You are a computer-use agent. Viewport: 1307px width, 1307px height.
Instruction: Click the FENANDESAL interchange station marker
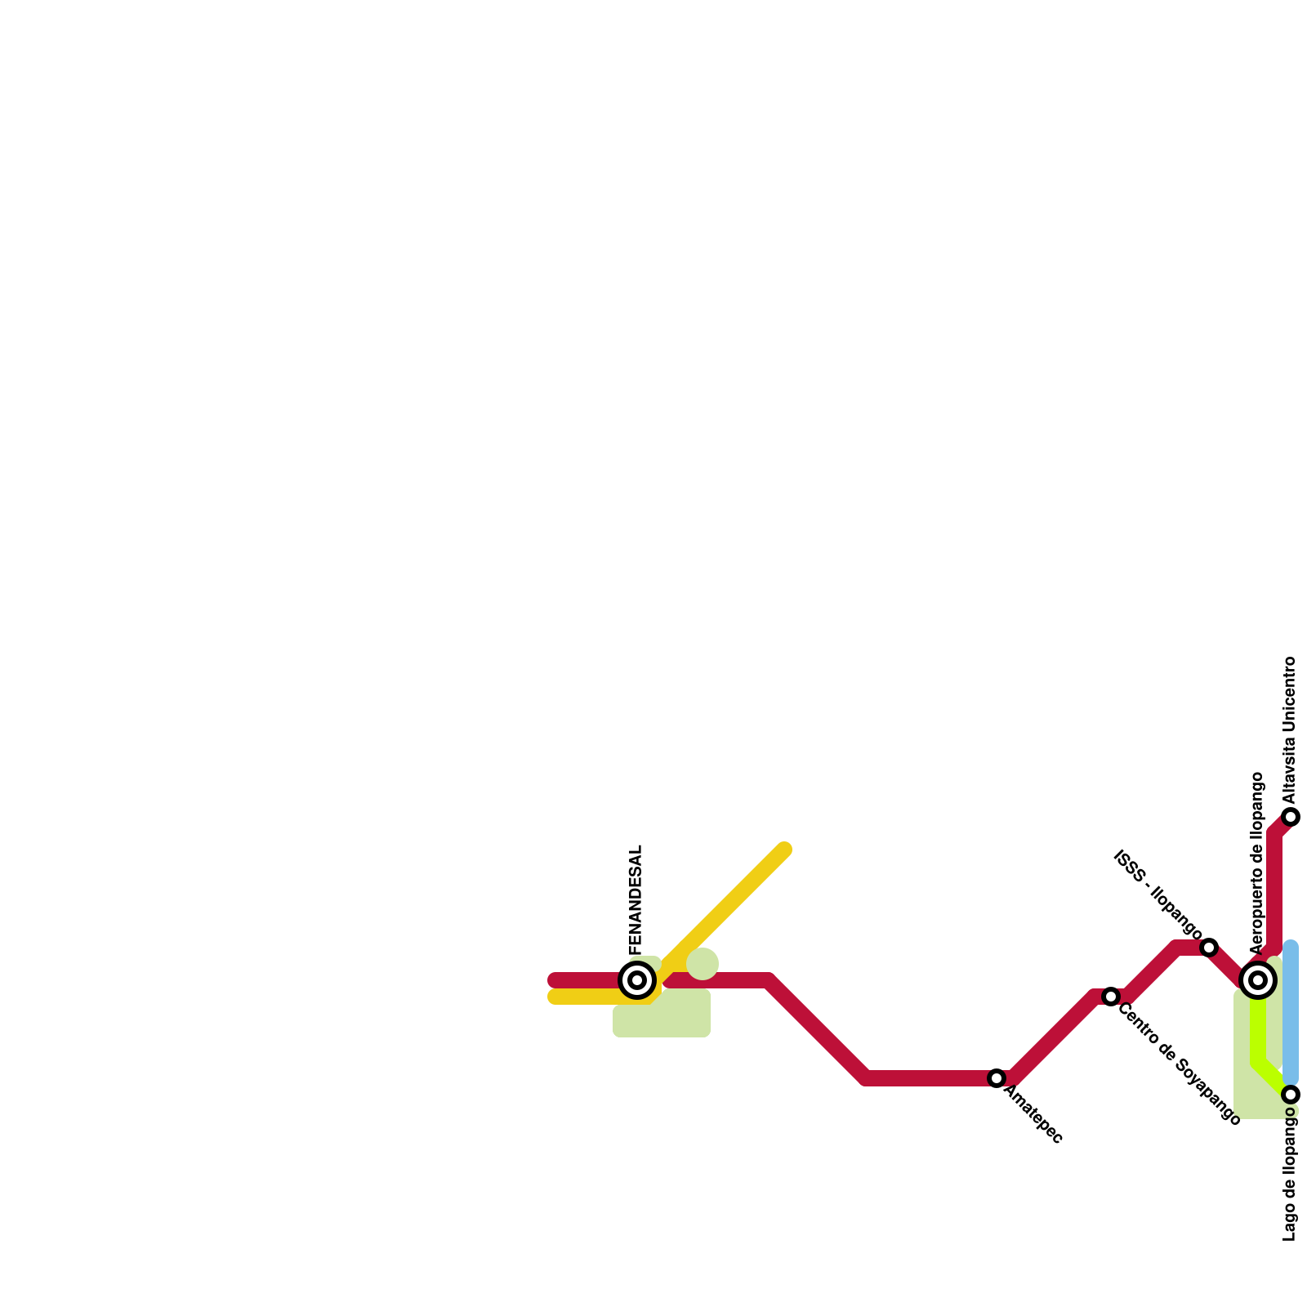click(x=637, y=979)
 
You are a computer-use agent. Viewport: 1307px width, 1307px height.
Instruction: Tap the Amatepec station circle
click(x=996, y=1078)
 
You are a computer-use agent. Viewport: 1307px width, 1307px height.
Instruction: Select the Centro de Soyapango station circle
click(x=1110, y=997)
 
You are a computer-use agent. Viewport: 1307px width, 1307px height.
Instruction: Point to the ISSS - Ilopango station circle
click(x=1209, y=948)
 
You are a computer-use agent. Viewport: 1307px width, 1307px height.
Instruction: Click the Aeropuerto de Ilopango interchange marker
click(x=1258, y=979)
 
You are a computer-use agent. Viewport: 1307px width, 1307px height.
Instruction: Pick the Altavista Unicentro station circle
click(x=1291, y=817)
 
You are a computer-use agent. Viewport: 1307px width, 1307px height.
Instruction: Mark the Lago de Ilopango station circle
click(x=1291, y=1095)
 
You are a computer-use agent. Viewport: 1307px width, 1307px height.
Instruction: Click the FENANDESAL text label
click(x=637, y=899)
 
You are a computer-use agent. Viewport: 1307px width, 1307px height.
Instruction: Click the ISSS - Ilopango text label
click(x=1158, y=895)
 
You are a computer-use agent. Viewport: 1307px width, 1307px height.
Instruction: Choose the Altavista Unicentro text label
click(x=1290, y=729)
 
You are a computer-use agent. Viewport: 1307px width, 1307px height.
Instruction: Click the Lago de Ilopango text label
click(x=1290, y=1179)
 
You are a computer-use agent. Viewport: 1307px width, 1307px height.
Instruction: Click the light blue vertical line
click(x=1291, y=1013)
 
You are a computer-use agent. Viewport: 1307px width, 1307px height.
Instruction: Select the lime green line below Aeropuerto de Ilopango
click(x=1258, y=1033)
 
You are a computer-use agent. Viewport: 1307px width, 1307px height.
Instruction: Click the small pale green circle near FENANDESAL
click(x=703, y=964)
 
